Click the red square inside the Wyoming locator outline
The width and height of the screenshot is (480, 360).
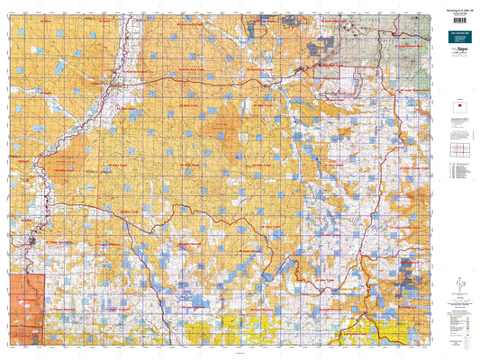coord(458,111)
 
